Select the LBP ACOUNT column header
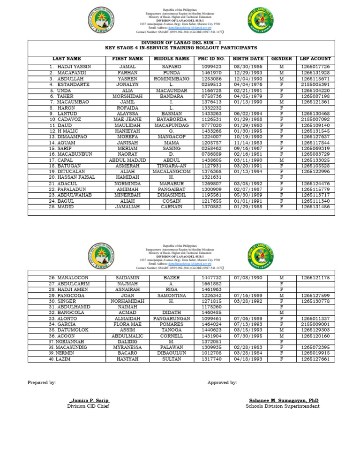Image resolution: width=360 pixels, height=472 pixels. click(x=315, y=59)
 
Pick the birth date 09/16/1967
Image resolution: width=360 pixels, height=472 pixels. click(x=248, y=148)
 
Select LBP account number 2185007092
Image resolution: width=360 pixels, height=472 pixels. click(x=315, y=119)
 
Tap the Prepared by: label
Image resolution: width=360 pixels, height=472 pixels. click(x=42, y=383)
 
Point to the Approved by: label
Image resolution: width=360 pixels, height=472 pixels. click(x=222, y=383)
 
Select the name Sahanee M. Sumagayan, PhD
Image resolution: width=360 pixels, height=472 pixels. click(x=281, y=400)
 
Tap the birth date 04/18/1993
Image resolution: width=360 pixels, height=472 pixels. click(x=248, y=359)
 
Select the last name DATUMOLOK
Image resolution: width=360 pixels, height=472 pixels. click(x=69, y=330)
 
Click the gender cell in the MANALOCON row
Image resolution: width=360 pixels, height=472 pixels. click(x=281, y=278)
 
